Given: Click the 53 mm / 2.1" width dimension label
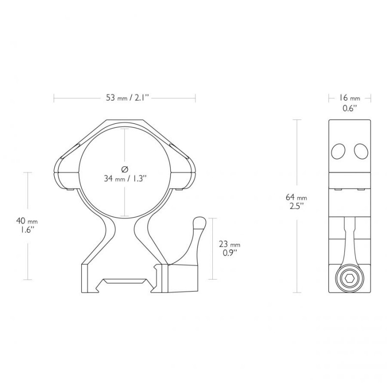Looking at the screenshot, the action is coord(128,98).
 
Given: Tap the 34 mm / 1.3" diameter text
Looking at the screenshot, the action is coord(125,179).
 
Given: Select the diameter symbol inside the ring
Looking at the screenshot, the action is coord(125,169).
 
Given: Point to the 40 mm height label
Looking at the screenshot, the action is coord(27,221).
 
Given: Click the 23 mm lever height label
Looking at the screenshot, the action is coord(229,245).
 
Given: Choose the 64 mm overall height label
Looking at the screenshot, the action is coord(296,197).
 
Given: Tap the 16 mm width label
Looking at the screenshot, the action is coord(349,98).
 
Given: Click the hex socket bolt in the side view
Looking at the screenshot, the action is coord(350,279).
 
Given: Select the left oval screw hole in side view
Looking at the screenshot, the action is coord(338,151).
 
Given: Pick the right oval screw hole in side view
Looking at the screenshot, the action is coord(361,151).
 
